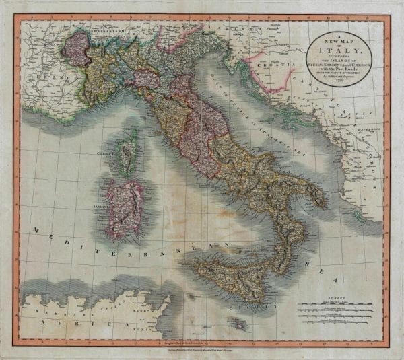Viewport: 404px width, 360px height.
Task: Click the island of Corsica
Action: (x=129, y=151)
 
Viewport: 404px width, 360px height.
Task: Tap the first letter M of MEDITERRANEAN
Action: (x=32, y=230)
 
